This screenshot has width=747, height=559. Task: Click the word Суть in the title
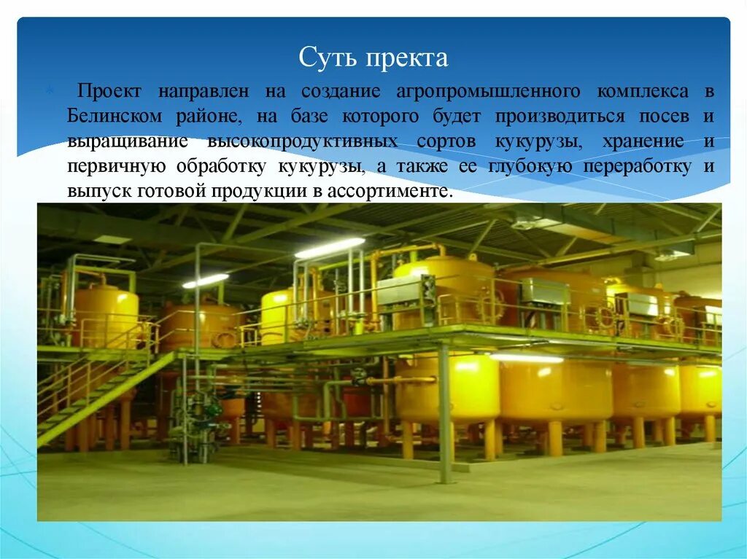click(323, 58)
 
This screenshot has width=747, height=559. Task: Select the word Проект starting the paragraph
click(105, 92)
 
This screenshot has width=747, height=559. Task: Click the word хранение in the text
click(643, 141)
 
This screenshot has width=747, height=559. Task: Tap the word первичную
click(117, 166)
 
